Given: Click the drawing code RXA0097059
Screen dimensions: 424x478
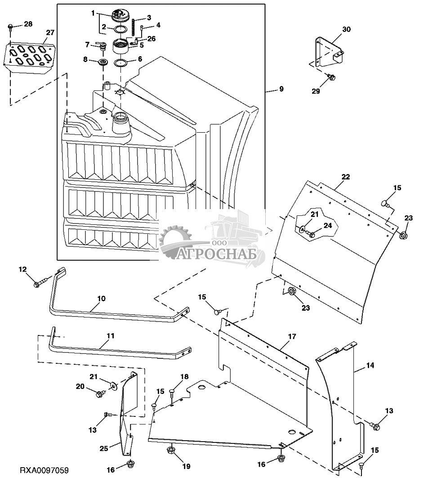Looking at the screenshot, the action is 44,470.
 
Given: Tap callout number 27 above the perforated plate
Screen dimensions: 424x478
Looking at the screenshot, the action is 50,33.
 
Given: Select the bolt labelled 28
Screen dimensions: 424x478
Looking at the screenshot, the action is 10,27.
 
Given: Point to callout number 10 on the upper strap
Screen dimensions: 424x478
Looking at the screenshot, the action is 101,298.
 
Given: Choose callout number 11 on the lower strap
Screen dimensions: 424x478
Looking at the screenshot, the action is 110,335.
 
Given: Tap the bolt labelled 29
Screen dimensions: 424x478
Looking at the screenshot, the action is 331,77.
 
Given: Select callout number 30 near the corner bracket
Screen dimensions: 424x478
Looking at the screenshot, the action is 347,29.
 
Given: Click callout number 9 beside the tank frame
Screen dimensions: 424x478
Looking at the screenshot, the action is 281,89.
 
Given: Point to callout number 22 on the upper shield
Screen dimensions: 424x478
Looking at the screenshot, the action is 346,177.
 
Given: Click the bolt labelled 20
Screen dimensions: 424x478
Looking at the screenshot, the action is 100,394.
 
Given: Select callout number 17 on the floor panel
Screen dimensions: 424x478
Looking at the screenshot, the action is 292,336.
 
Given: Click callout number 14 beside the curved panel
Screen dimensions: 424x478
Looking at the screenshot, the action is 370,365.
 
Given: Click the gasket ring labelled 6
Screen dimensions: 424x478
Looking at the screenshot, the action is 120,63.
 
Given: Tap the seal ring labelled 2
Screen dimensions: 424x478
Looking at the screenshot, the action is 120,30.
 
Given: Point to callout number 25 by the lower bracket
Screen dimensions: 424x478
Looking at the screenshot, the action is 104,448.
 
